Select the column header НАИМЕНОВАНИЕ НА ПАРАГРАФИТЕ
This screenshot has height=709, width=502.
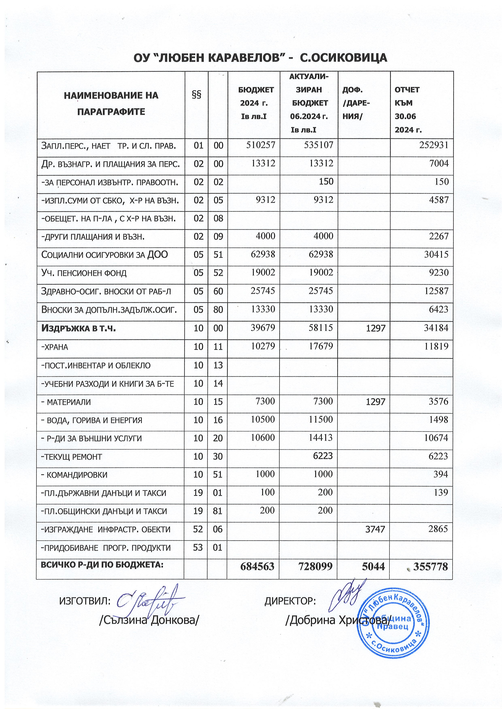(x=111, y=103)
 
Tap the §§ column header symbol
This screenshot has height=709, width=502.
(x=197, y=95)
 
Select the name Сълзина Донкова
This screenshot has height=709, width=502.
(x=148, y=620)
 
